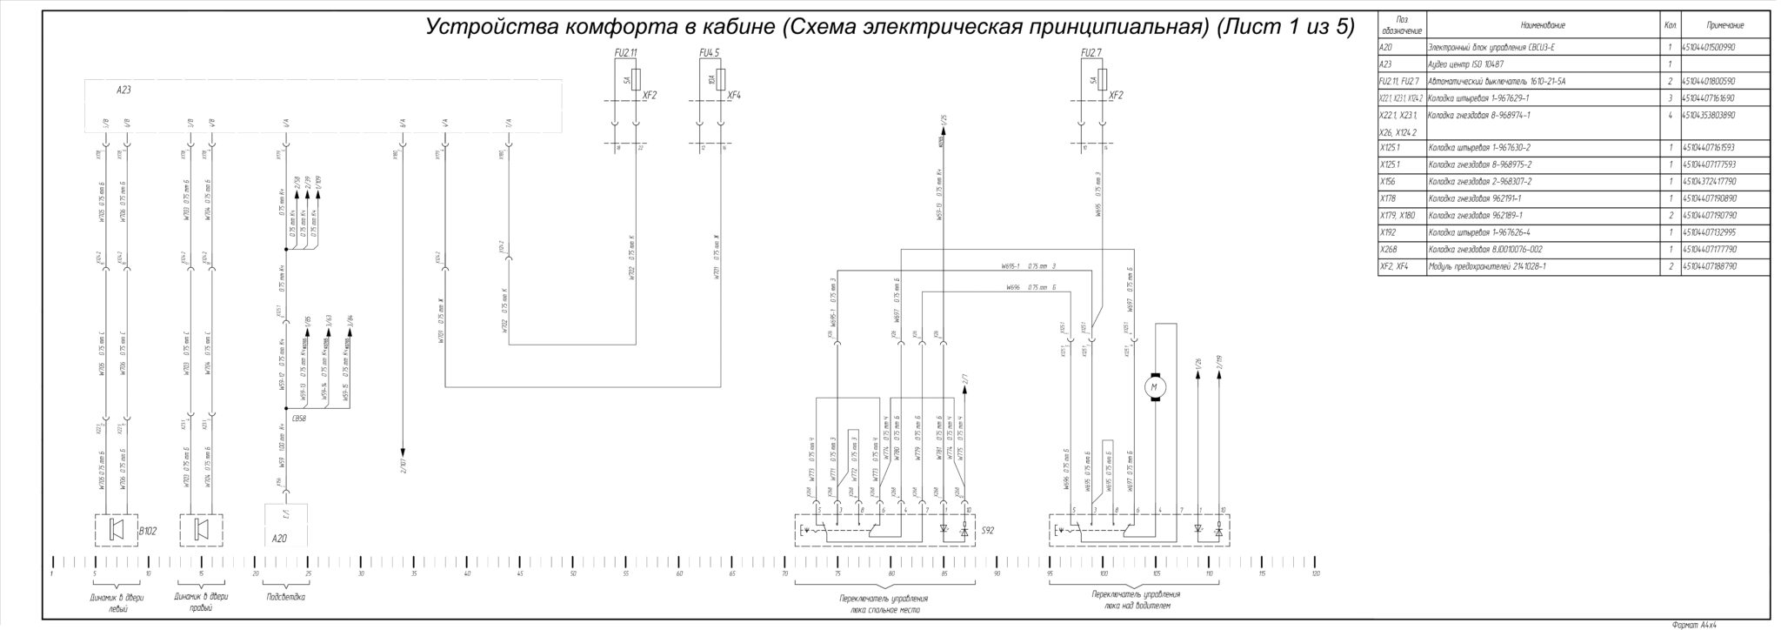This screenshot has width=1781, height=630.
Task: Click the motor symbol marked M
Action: coord(1155,386)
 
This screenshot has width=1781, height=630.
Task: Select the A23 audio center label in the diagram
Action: coord(123,90)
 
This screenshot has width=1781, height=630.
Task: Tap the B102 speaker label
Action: coord(147,530)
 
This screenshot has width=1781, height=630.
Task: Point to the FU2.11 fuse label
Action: coord(625,52)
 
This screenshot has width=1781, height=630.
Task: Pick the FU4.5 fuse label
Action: coord(710,52)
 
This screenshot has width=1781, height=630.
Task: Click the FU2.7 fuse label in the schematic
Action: coord(1091,52)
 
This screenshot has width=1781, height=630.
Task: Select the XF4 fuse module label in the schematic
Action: coord(734,95)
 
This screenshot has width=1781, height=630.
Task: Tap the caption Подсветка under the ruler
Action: coord(285,597)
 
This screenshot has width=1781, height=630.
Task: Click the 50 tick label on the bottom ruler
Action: coord(572,573)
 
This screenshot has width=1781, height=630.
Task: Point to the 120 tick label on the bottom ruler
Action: coord(1316,573)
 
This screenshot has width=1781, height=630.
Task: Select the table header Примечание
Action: coord(1724,25)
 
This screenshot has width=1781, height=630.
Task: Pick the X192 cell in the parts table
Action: coord(1388,232)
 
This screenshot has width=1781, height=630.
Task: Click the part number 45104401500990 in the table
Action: coord(1714,47)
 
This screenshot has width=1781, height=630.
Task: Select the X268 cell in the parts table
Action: coord(1388,250)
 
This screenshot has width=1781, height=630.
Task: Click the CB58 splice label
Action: coord(300,419)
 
